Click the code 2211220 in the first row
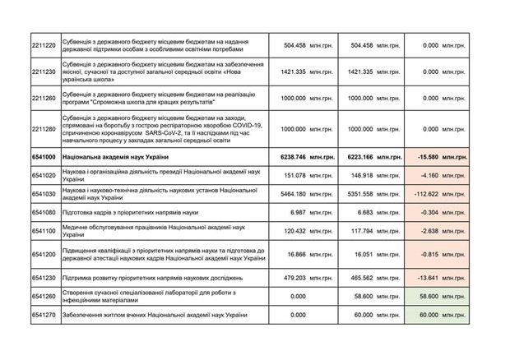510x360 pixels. [x=43, y=45]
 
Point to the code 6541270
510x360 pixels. [x=43, y=315]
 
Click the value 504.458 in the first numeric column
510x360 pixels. [x=290, y=45]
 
